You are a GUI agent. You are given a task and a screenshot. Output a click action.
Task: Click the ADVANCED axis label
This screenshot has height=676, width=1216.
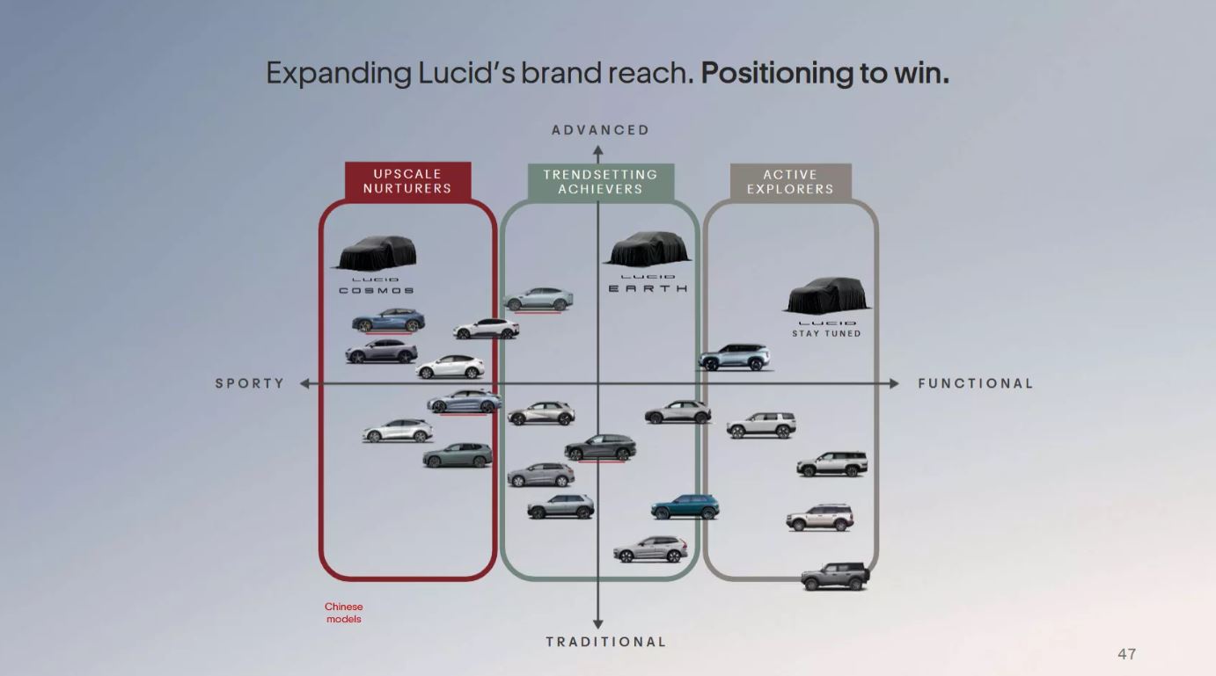coord(600,130)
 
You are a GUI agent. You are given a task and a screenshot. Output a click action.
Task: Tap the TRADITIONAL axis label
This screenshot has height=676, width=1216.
coord(606,642)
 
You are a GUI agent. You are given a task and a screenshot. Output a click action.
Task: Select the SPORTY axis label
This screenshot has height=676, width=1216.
coord(250,383)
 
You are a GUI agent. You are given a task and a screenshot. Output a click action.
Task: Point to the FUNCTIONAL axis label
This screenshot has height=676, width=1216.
coord(975,383)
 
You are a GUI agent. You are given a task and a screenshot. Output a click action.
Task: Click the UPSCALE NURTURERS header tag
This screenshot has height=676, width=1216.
coord(407,181)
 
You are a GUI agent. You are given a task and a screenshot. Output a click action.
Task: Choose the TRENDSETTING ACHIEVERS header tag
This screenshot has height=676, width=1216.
coord(600,182)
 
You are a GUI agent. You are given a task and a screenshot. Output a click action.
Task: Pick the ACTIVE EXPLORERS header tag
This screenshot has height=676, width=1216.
coord(790,182)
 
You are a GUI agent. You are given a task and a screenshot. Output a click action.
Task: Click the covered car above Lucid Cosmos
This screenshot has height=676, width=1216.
coord(376,253)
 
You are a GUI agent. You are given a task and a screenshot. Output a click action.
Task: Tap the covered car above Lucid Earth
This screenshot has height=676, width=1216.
coord(647,249)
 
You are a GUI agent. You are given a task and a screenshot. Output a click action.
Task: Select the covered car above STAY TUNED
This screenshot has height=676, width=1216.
coord(826,296)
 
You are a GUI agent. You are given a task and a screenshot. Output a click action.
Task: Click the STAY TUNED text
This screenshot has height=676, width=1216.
coord(826,334)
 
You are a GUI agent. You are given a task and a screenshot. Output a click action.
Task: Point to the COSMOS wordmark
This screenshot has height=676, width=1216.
coord(376,290)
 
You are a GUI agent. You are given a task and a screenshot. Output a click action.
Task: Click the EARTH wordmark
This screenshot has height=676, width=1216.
coord(648,288)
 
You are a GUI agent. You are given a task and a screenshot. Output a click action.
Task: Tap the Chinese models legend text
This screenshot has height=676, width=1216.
coord(343,613)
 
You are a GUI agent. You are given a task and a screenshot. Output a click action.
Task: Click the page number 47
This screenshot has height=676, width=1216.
coord(1126,654)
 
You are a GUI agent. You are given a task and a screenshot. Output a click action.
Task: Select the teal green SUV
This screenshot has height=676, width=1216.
coord(685,507)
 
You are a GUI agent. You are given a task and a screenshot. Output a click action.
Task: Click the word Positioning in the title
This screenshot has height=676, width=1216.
coord(774,72)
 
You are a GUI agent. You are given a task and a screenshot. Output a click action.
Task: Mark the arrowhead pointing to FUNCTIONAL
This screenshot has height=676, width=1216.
coord(894,384)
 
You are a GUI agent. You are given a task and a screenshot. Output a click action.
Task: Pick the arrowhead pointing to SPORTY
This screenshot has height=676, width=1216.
coord(305,384)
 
